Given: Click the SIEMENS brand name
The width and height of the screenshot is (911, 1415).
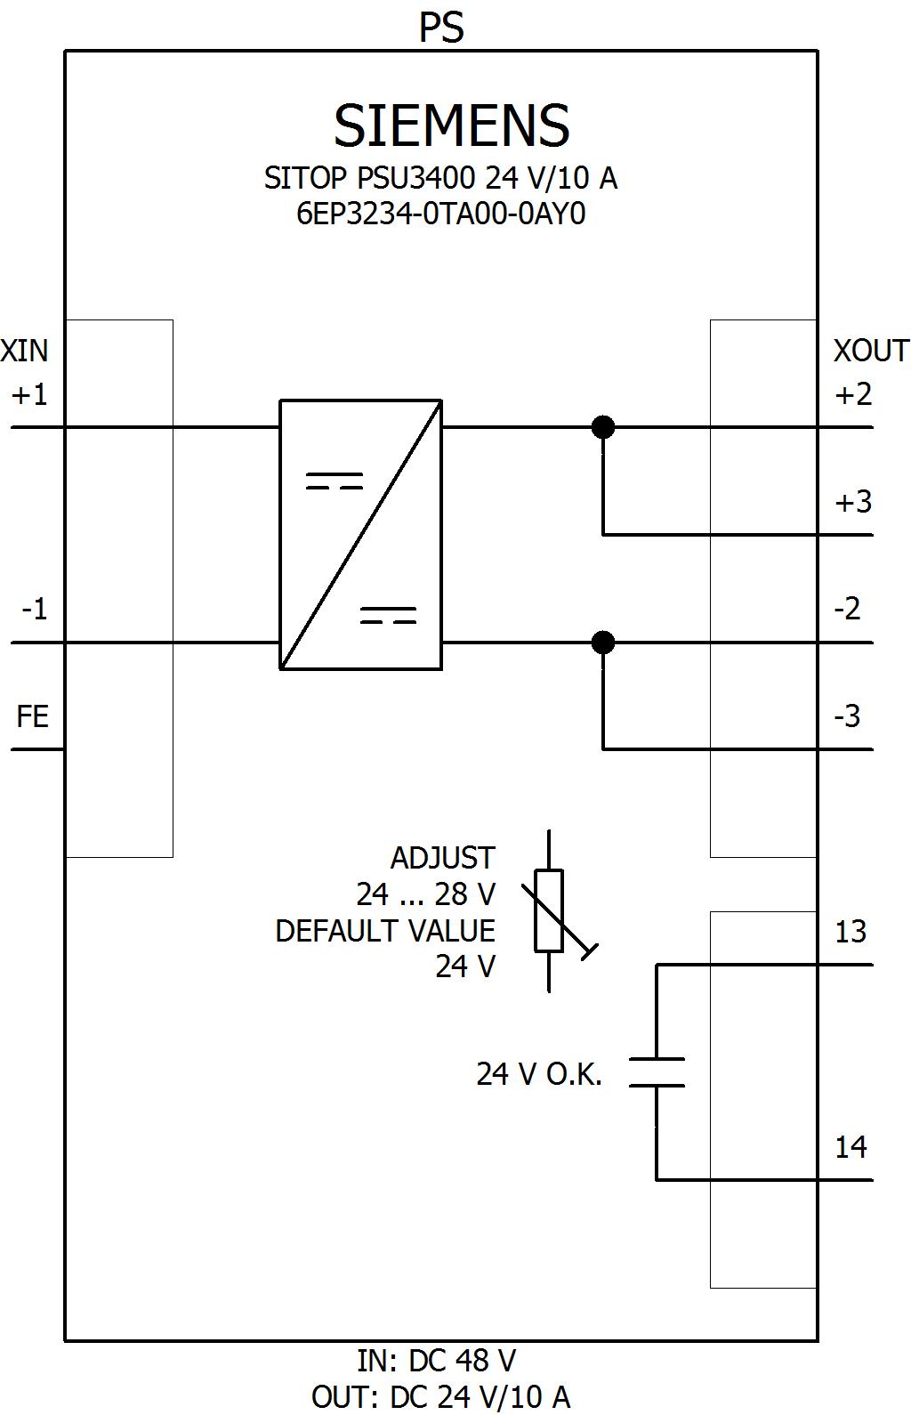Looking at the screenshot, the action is pos(451,125).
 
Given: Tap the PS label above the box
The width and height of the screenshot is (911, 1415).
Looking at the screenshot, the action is pos(441,28).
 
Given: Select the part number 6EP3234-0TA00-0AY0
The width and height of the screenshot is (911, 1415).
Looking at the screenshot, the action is pos(440,214).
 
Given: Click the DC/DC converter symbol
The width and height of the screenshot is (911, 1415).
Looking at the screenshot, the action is pos(360,535).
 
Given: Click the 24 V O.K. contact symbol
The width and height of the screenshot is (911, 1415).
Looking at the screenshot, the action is pos(657,1072).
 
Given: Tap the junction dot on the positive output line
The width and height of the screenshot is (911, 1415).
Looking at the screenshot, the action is pos(603,427).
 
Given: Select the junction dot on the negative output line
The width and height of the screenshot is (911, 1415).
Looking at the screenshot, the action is pos(603,643).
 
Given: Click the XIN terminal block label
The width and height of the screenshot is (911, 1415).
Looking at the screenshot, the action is pos(24,351).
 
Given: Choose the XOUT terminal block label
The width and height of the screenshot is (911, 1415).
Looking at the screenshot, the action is pos(871,351).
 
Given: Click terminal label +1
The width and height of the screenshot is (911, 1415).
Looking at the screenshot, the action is pos(29,395).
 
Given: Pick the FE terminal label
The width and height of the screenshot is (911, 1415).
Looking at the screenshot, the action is pos(32,716).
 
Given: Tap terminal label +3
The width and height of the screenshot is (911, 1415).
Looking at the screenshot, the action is pos(853,502).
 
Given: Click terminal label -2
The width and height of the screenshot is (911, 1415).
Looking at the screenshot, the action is pos(847,609).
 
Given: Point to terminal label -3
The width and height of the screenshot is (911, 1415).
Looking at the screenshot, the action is pos(847,716).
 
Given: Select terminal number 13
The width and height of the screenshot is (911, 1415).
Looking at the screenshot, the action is pos(851,932).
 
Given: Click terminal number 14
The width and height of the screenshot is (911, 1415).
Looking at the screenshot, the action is pos(851,1146).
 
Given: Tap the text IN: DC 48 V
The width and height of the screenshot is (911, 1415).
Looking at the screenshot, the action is pos(436,1360).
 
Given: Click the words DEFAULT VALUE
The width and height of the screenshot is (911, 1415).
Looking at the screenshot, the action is pos(385,931).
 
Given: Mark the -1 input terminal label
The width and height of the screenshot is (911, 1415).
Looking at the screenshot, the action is pos(34,609).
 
